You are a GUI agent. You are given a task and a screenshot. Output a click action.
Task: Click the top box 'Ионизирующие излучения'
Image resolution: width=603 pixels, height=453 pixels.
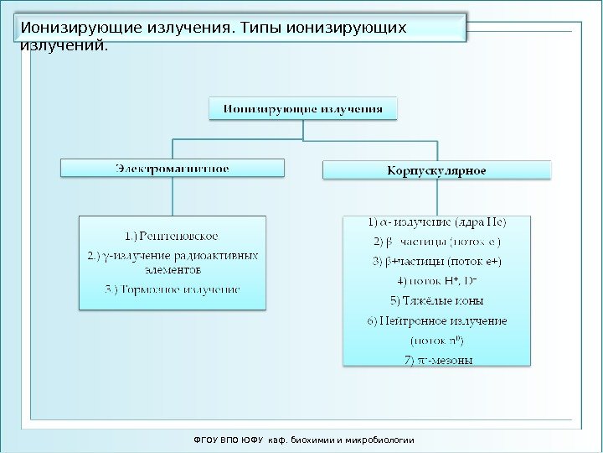(302, 108)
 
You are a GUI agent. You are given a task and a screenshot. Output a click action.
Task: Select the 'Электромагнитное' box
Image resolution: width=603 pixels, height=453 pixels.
(173, 169)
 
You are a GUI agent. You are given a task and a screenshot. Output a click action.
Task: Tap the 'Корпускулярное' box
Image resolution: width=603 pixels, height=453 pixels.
(436, 171)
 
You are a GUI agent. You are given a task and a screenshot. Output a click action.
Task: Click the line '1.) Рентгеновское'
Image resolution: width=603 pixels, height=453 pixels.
(173, 236)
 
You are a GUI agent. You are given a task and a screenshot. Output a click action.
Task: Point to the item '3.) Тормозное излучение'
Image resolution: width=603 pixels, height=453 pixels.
(173, 289)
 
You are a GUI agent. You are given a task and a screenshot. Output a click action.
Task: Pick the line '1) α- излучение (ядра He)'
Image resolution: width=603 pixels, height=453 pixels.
(436, 223)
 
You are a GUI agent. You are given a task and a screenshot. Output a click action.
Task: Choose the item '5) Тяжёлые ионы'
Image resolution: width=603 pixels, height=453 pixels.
(436, 300)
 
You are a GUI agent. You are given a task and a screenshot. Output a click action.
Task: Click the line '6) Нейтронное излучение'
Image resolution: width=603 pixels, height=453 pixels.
(436, 320)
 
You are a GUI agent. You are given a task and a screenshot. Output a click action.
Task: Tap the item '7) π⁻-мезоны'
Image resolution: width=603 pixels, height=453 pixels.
(436, 361)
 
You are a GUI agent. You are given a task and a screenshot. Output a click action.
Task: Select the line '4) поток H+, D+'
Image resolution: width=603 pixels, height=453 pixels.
(436, 280)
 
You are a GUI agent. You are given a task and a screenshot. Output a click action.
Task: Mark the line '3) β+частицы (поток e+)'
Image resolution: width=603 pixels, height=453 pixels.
(436, 261)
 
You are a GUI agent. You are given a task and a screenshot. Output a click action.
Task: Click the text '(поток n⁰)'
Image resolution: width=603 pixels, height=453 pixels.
(436, 341)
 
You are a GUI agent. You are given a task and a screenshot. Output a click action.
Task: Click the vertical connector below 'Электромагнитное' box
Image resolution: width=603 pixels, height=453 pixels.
(173, 196)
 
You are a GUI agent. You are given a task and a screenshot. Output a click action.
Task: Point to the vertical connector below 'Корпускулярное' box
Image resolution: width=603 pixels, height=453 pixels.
(436, 198)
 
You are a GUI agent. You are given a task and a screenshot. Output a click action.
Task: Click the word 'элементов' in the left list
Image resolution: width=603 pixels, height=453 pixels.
(173, 270)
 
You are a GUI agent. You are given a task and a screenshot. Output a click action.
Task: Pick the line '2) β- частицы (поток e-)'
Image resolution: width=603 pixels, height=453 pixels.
(436, 242)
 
